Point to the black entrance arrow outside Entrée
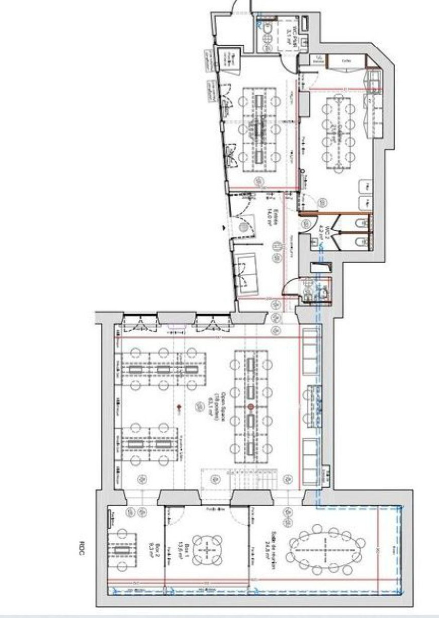point(222,226)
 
